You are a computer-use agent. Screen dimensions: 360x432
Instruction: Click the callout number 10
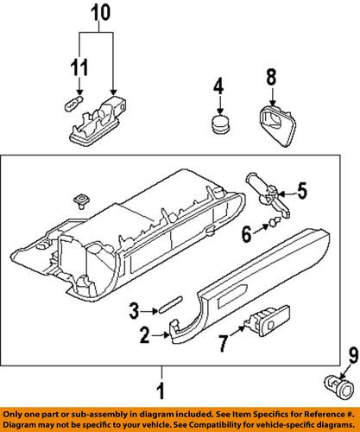pos(101,13)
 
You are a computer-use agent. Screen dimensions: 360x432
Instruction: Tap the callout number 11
pos(79,68)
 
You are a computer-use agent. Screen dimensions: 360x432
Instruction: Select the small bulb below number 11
pos(73,104)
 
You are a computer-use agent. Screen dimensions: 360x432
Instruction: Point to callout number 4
pos(218,86)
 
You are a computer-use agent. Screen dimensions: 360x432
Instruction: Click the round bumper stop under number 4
pos(221,124)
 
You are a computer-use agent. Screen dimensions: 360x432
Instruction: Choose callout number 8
pos(271,77)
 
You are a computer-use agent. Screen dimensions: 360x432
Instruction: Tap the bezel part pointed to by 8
pos(277,125)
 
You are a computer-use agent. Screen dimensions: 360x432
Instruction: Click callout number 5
pos(302,191)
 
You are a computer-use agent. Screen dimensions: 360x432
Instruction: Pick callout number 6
pos(247,234)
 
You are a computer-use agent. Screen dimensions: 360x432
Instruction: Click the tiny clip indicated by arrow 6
pos(274,222)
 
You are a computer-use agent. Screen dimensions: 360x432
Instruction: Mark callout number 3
pos(134,311)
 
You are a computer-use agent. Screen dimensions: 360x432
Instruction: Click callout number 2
pos(145,335)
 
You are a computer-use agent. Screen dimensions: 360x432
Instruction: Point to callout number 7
pos(222,344)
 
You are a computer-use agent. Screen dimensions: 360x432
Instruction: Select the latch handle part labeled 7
pos(267,321)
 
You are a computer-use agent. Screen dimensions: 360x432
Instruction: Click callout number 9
pos(354,355)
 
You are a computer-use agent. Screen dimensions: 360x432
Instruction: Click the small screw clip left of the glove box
pos(81,201)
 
